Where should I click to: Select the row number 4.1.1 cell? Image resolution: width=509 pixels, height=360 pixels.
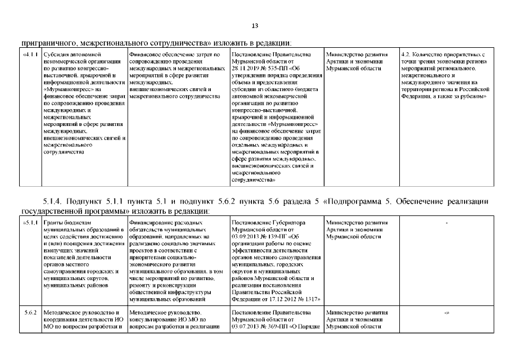[x=31, y=55]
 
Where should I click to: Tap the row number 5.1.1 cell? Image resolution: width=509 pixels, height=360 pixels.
[x=31, y=223]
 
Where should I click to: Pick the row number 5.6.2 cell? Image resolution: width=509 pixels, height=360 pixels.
[x=31, y=312]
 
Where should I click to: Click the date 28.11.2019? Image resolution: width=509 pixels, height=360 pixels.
[x=246, y=69]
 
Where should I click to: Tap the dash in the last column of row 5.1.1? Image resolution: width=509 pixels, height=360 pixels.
[x=446, y=223]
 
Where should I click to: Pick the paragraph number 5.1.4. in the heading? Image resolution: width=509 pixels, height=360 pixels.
[x=53, y=201]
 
